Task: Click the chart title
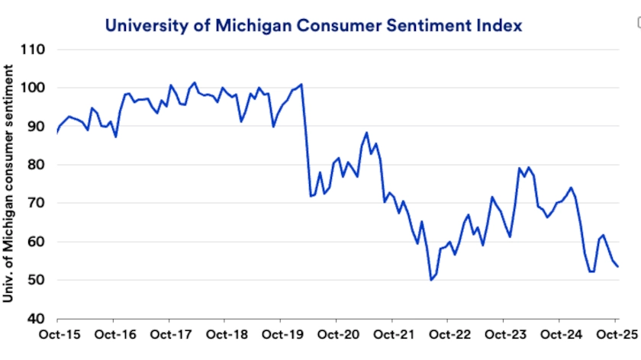pos(314,26)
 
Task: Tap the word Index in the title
pos(501,26)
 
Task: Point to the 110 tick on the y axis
pos(34,50)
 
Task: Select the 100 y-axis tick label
pos(34,88)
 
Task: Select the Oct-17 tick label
pos(169,335)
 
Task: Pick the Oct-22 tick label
pos(449,335)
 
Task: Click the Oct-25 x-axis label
pos(615,335)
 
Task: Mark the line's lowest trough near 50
pos(431,280)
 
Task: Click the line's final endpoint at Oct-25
pos(617,266)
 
